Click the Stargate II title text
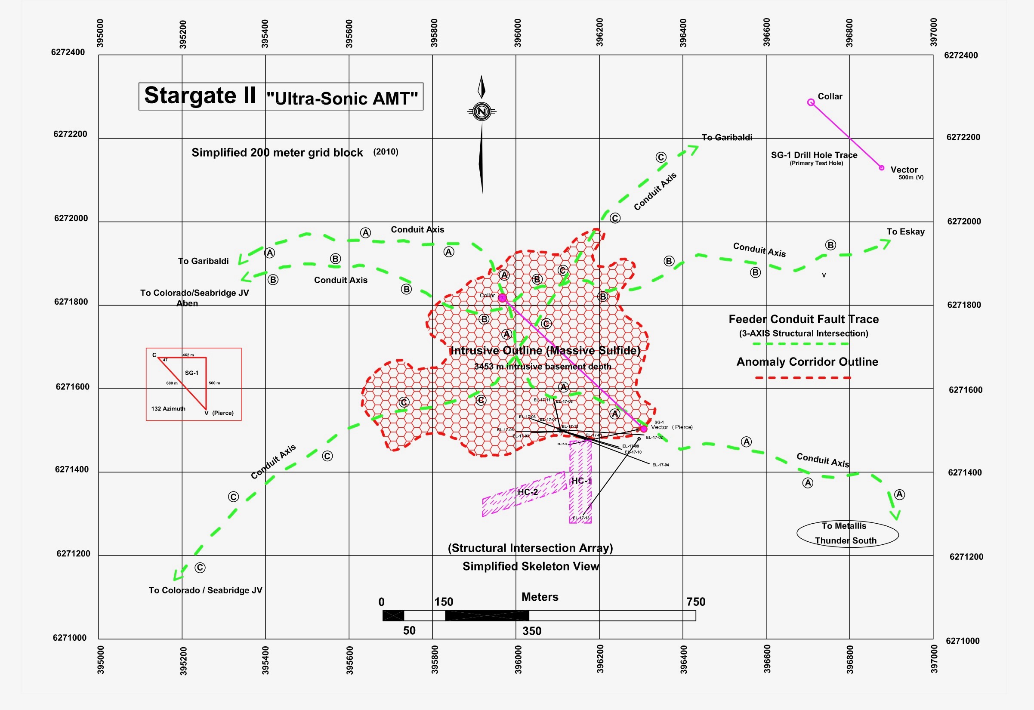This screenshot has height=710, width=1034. click(x=200, y=96)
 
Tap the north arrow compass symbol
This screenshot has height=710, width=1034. click(x=482, y=111)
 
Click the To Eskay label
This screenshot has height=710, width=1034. click(x=905, y=232)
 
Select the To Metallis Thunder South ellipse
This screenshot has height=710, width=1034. click(x=847, y=534)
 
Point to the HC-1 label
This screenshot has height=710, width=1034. click(x=581, y=481)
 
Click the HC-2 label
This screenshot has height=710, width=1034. click(x=528, y=492)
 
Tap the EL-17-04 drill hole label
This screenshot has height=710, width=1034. click(x=660, y=465)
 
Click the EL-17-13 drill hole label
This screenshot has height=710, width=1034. click(x=580, y=518)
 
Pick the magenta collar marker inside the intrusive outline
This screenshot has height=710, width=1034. click(x=502, y=298)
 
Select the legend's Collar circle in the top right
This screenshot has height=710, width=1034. click(x=811, y=103)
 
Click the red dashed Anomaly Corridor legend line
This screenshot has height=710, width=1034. click(x=803, y=378)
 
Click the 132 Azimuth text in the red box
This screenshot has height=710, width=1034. click(x=168, y=409)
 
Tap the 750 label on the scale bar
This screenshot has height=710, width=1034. click(x=695, y=602)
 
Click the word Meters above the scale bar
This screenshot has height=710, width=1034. click(x=540, y=597)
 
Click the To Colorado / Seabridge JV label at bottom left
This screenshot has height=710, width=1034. click(x=205, y=590)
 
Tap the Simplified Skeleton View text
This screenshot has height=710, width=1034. click(x=531, y=566)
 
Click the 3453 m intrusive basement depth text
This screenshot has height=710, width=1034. click(x=542, y=367)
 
